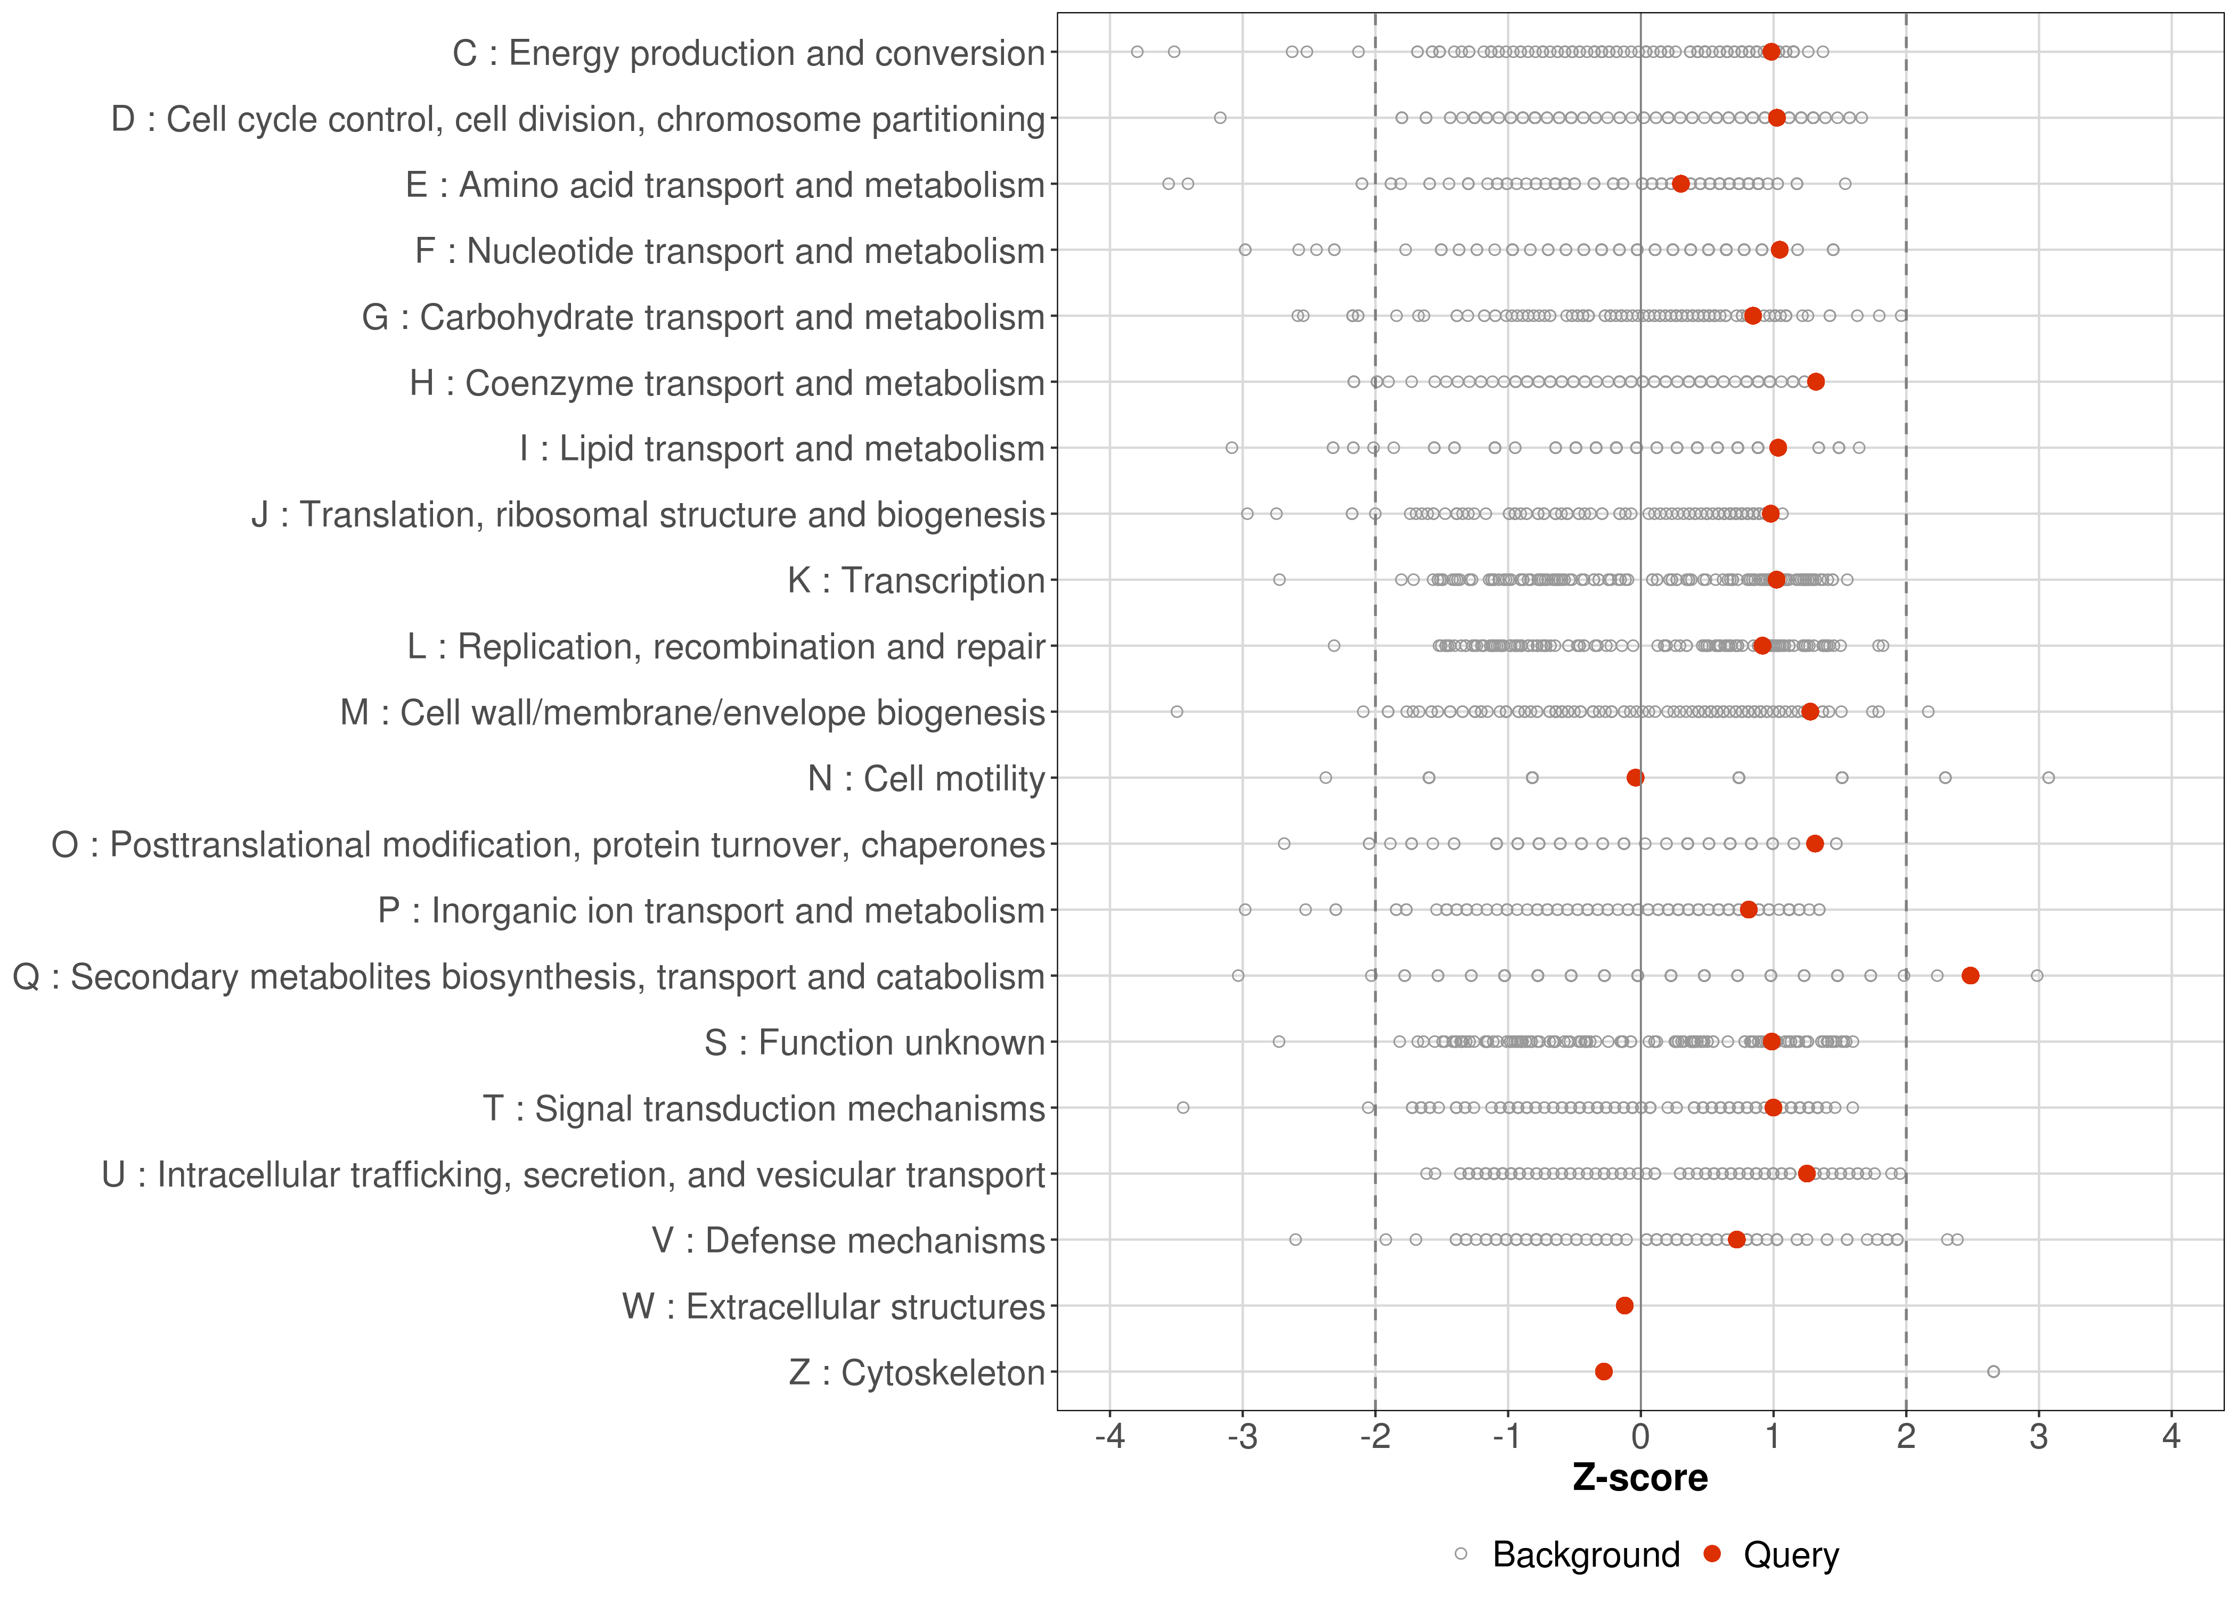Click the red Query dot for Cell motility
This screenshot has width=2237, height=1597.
click(1635, 778)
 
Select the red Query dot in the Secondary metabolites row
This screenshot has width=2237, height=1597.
click(1970, 976)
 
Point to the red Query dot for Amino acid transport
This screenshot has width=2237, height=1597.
click(1680, 184)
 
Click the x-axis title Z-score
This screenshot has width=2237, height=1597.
click(1640, 1478)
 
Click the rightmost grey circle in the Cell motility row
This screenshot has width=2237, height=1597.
click(2048, 778)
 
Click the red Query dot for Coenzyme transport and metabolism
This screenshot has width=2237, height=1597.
click(1816, 382)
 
